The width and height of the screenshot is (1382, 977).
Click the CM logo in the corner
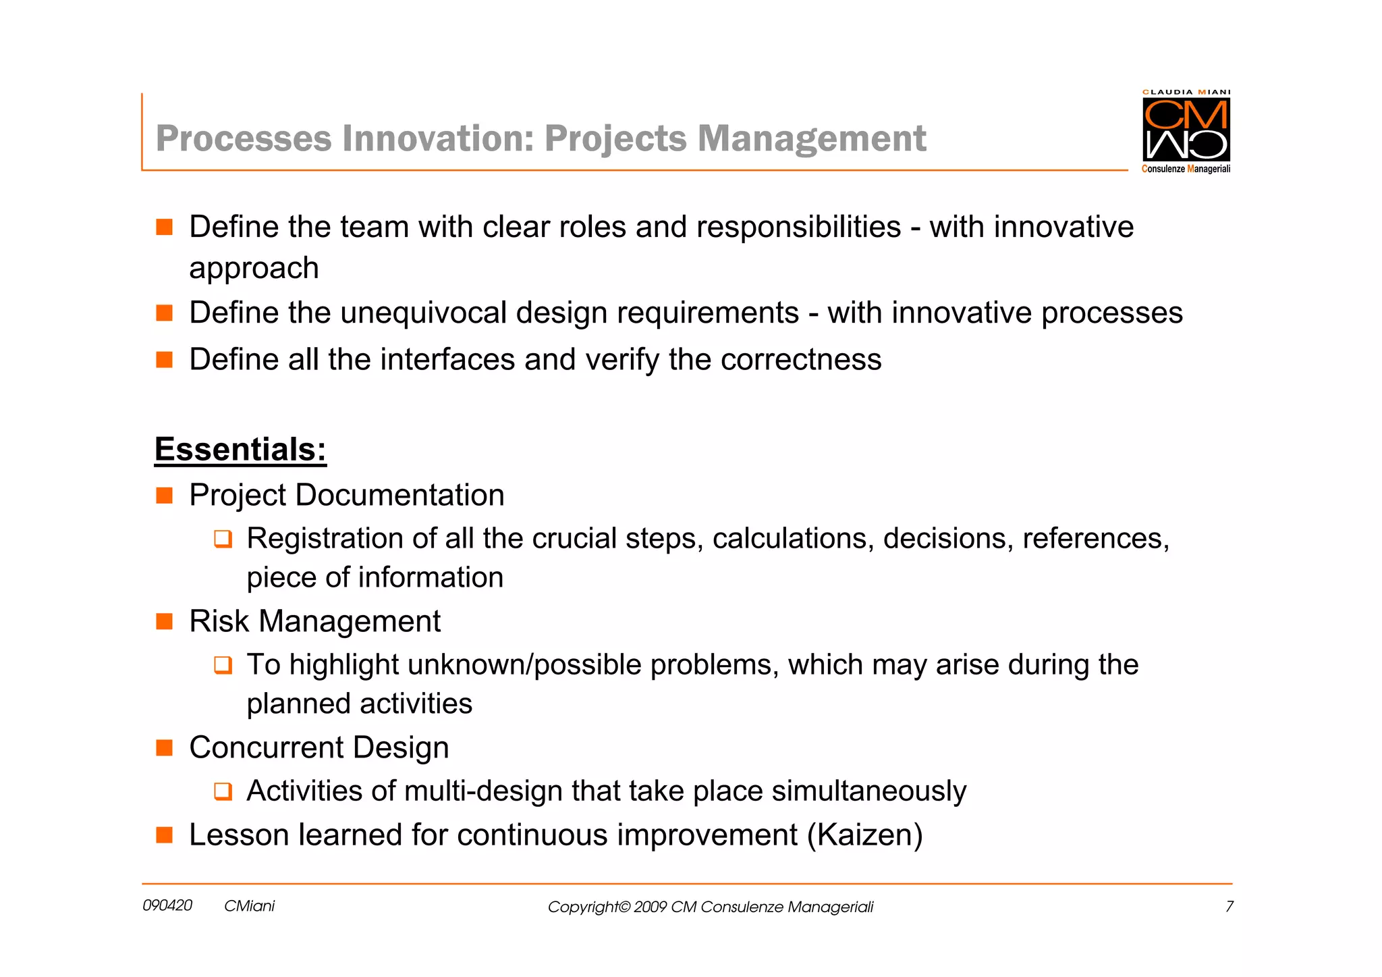click(x=1186, y=129)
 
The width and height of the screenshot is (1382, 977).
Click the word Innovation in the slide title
click(x=438, y=138)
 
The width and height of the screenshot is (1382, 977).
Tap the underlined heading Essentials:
click(x=240, y=450)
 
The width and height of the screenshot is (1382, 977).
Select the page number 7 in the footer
click(x=1229, y=907)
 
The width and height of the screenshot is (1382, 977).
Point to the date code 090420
click(x=167, y=905)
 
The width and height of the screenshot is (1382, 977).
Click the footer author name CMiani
click(x=249, y=906)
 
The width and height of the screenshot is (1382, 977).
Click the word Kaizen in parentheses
click(x=864, y=835)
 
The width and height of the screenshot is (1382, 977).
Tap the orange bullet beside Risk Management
click(x=165, y=621)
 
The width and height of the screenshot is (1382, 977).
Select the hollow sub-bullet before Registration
click(x=223, y=539)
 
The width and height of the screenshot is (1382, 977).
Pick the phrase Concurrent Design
click(x=319, y=747)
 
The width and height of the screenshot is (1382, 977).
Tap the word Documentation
click(x=399, y=495)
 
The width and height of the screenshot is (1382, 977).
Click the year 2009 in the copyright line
click(x=650, y=907)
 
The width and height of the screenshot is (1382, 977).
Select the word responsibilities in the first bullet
click(x=798, y=227)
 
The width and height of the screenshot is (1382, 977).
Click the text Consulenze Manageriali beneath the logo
click(x=1186, y=169)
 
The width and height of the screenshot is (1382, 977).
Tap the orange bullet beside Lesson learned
click(x=165, y=835)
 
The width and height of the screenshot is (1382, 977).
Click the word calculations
click(x=793, y=539)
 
